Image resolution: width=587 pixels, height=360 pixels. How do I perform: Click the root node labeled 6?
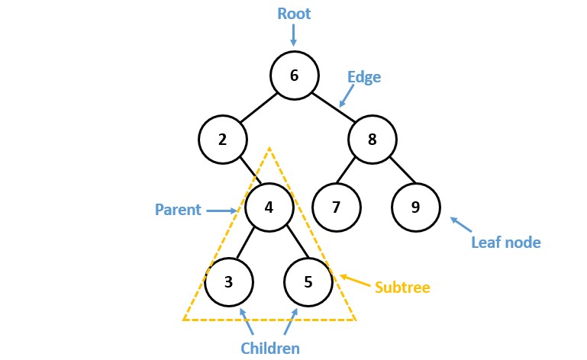pos(294,75)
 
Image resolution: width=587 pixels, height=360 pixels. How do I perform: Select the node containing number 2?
pos(223,140)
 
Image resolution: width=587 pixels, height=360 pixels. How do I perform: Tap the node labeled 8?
pos(373,140)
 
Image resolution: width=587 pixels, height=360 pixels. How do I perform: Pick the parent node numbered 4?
pos(269,207)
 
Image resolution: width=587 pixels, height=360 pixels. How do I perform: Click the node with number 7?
pos(336,207)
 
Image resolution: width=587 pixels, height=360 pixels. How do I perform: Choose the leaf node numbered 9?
pos(416,207)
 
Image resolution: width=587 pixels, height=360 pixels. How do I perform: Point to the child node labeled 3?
pos(228,281)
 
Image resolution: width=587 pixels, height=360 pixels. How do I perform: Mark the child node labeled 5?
pos(308,281)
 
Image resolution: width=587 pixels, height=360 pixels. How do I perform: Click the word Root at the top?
pos(294,14)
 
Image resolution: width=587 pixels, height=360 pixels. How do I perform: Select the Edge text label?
pos(363,77)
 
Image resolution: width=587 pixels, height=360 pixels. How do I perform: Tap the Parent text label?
pos(177,209)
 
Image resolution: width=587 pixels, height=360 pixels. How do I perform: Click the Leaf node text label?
pos(505,243)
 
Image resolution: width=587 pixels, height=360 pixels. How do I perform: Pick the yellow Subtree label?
pos(402,288)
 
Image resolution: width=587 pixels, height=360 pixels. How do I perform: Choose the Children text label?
pos(269,348)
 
